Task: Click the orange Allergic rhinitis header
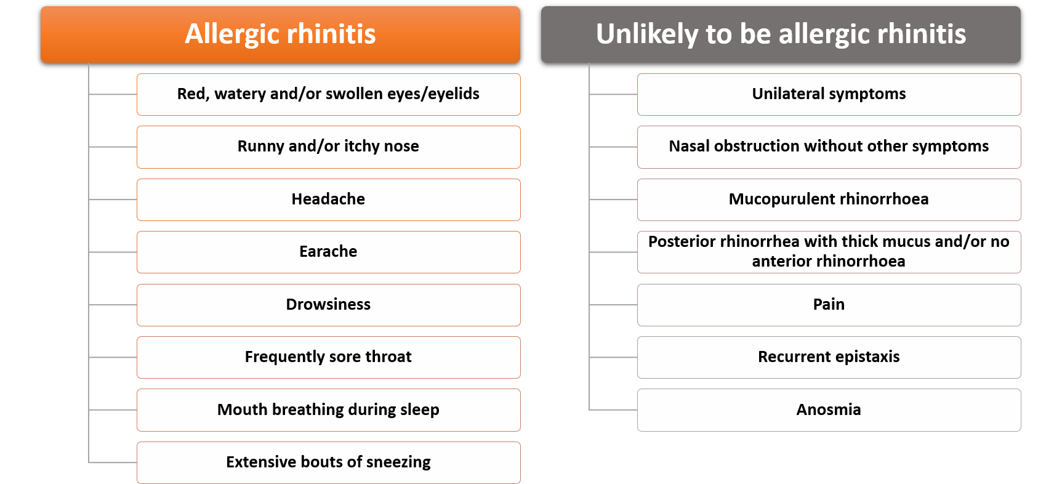click(280, 34)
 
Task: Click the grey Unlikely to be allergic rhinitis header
click(781, 34)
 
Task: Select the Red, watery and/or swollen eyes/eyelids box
click(329, 94)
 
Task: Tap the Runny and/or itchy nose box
click(329, 147)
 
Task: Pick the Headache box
click(329, 200)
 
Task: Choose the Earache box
click(329, 252)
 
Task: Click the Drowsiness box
click(329, 305)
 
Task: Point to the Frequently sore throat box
click(329, 357)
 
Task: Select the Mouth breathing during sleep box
click(329, 410)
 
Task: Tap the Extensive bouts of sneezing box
click(329, 462)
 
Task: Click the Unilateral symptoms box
click(829, 94)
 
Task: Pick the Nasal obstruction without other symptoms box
click(829, 147)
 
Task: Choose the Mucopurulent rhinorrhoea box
click(829, 200)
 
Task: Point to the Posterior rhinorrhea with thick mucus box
click(829, 252)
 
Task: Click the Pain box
click(829, 305)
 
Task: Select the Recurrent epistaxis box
click(829, 357)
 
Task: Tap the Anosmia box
click(829, 410)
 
